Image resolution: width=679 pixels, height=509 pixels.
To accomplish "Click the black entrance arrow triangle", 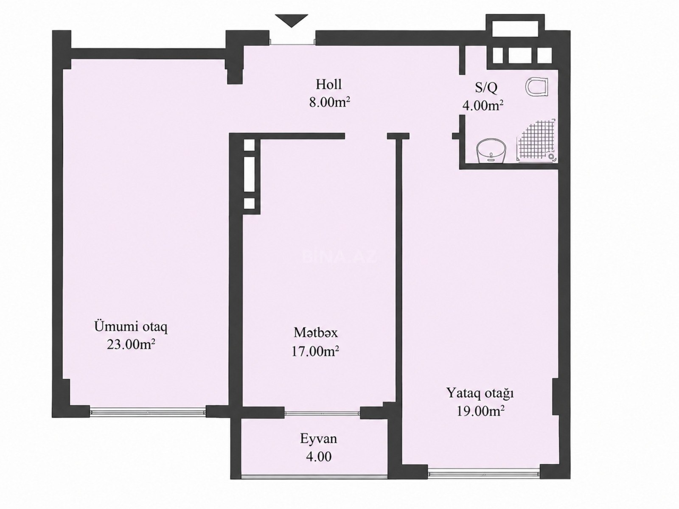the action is (x=292, y=20).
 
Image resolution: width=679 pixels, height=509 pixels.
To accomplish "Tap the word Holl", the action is (x=328, y=84).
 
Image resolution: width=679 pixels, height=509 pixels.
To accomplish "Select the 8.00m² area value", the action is (x=329, y=102).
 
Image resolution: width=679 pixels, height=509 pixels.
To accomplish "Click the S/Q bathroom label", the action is (x=486, y=88).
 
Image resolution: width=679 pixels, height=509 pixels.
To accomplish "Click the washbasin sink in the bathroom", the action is (x=491, y=151).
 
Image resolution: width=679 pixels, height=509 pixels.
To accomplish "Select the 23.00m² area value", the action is (x=131, y=344).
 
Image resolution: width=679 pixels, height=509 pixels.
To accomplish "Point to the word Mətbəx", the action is (x=316, y=333).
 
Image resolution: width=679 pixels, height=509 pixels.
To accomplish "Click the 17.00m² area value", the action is (x=315, y=351).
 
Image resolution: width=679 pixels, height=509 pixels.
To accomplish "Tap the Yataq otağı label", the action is (x=480, y=394).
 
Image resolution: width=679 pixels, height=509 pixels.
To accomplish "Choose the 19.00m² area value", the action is (x=481, y=411).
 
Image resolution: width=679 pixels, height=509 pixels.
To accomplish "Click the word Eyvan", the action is (x=318, y=439).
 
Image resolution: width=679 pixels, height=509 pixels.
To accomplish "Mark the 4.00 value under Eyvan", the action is (x=319, y=457).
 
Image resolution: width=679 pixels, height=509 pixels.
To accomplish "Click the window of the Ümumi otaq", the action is (x=148, y=411).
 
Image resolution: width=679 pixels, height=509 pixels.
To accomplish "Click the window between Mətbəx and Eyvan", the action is (x=323, y=413).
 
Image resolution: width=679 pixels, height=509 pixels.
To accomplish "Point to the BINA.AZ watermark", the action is (x=339, y=257).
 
